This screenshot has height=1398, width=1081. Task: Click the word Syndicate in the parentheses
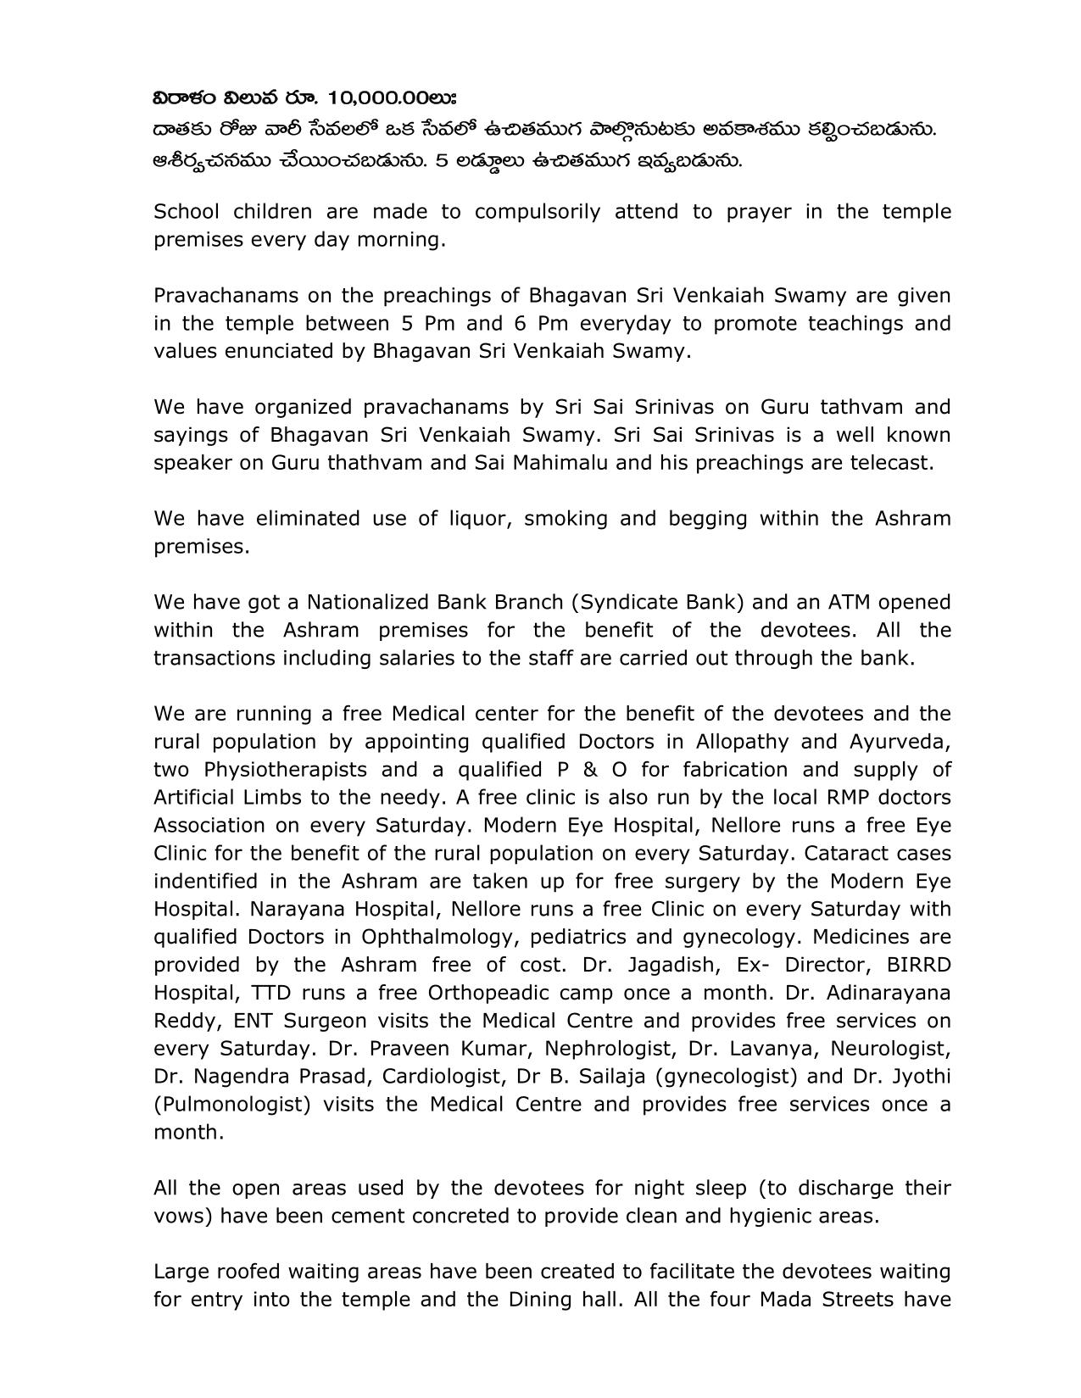click(617, 603)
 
